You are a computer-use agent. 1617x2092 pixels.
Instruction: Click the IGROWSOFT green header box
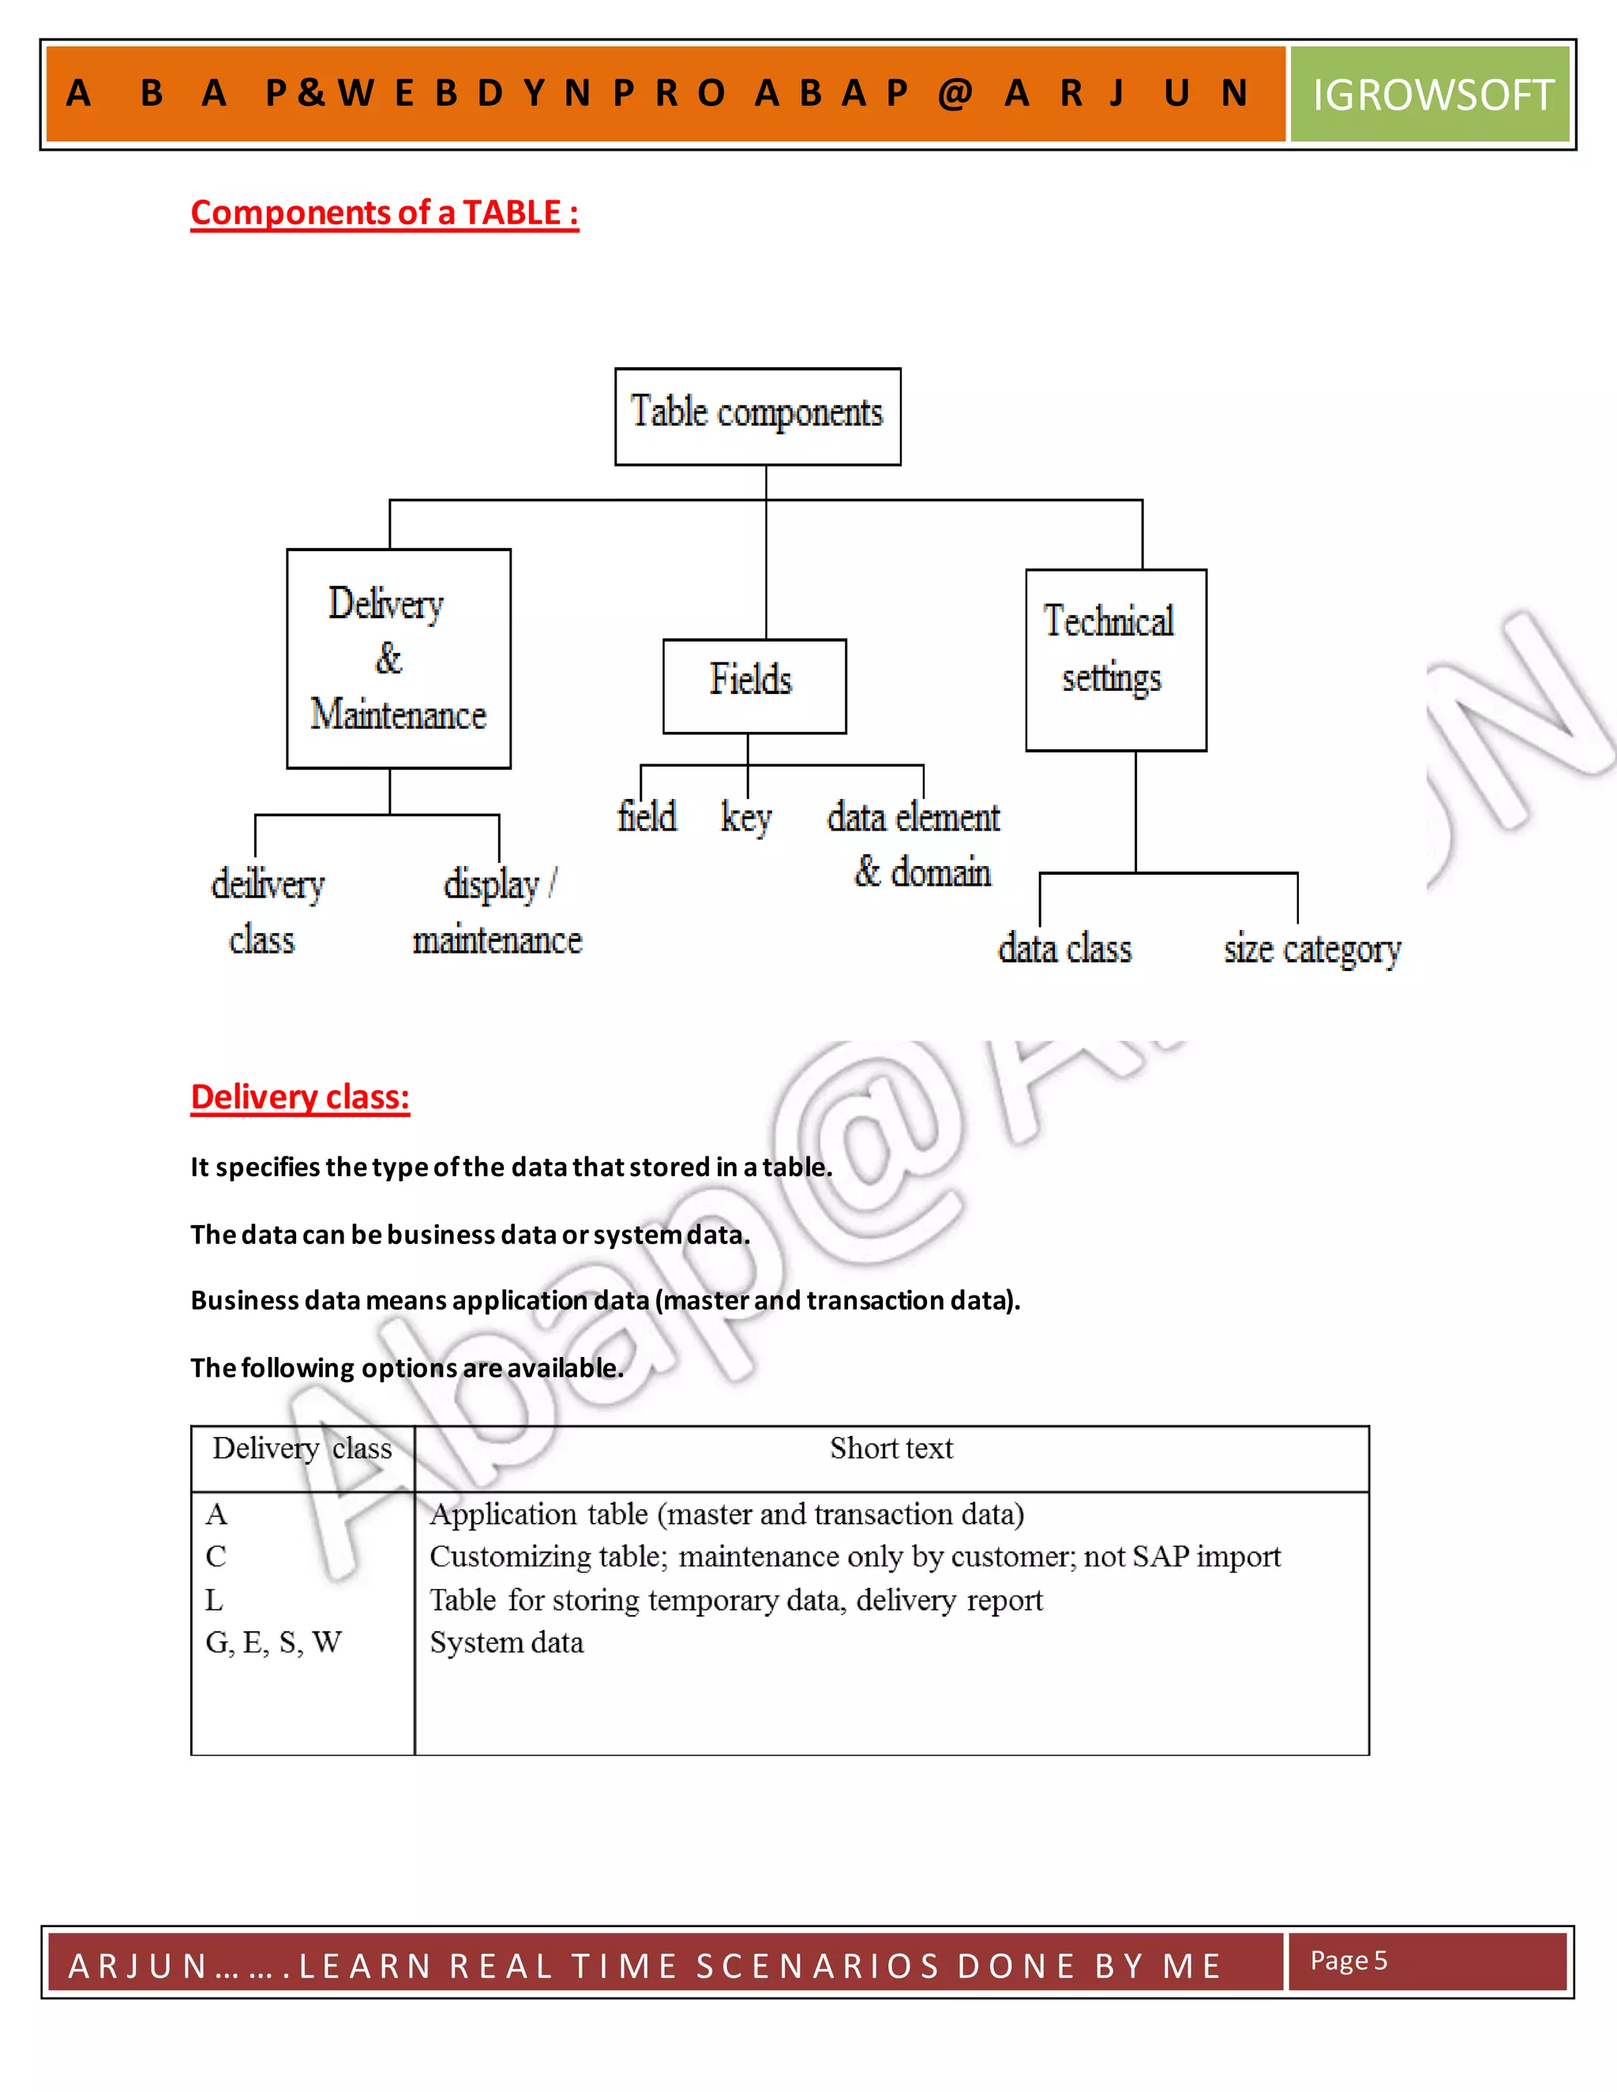pos(1429,95)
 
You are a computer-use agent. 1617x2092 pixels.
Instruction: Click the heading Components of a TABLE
pos(385,212)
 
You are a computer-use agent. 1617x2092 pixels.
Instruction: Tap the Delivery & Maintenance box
pos(399,658)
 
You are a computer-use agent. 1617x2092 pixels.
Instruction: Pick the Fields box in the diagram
pos(754,685)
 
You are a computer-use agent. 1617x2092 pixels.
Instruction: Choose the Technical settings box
pos(1115,659)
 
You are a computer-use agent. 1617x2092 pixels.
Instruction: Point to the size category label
pos(1311,949)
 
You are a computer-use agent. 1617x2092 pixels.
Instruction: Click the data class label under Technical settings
pos(1064,949)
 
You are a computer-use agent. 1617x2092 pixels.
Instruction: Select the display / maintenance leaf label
pos(497,911)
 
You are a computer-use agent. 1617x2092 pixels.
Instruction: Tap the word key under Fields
pos(745,818)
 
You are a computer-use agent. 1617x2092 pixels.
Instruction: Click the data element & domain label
pos(916,844)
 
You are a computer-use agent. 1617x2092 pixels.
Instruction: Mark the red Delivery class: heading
pos(300,1097)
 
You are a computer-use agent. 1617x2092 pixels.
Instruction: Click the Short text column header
pos(891,1449)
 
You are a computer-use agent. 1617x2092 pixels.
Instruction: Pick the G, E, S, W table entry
pos(273,1643)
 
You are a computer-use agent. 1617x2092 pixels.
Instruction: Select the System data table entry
pos(506,1643)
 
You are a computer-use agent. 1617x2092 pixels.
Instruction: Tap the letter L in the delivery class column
pos(214,1599)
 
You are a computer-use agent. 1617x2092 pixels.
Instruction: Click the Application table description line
pos(726,1514)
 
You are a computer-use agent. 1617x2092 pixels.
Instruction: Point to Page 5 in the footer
pos(1348,1960)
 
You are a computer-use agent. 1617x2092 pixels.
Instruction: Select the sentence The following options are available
pos(406,1368)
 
